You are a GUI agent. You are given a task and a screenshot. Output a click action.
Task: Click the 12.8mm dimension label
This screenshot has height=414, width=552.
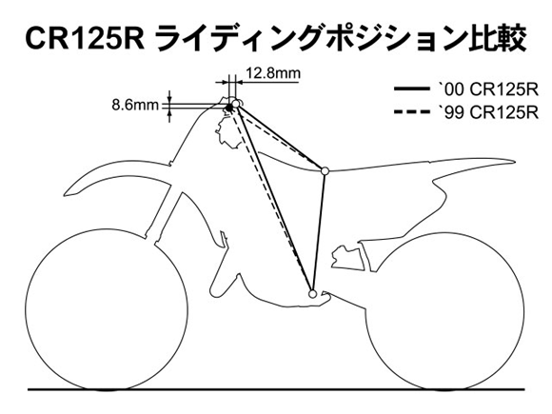coord(273,73)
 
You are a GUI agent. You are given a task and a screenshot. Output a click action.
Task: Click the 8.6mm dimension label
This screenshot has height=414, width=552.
coord(135,105)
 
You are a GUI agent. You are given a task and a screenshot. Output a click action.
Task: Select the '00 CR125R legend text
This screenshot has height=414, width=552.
coord(488,90)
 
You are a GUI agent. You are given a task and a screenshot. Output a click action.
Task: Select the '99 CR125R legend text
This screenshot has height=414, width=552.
coord(488,113)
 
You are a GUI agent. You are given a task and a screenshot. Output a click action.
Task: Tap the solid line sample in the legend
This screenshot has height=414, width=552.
coord(411,89)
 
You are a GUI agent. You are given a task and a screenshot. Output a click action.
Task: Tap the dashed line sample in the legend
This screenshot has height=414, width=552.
coord(411,112)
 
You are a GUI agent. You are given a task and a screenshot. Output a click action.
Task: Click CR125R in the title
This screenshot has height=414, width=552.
coord(85,38)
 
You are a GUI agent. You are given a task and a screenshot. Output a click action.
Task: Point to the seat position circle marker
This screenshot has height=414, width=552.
coord(325,171)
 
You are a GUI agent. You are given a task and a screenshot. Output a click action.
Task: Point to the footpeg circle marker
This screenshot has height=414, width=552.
coord(312,293)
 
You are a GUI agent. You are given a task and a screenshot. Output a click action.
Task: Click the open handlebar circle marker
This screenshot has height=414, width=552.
coord(236,104)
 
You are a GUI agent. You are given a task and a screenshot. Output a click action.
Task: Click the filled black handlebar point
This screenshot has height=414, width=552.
coord(229,108)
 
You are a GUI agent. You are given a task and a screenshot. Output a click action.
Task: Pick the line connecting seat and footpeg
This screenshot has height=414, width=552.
coord(319,232)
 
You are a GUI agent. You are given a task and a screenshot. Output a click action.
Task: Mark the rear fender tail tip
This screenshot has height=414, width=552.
coord(515,162)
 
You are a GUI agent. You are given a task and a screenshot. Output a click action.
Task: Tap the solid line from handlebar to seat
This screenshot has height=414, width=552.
coord(281,137)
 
